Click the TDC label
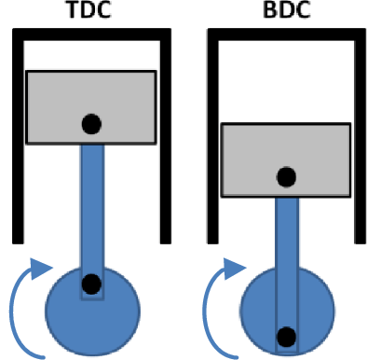point(88,9)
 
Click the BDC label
point(286,9)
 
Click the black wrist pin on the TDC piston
point(91,124)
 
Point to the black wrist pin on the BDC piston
point(286,177)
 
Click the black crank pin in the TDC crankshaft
point(91,284)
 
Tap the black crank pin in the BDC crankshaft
point(286,337)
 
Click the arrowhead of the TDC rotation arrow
point(40,269)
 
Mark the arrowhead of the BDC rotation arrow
point(234,269)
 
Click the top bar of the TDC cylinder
point(91,35)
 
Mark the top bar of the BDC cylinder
point(287,35)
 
